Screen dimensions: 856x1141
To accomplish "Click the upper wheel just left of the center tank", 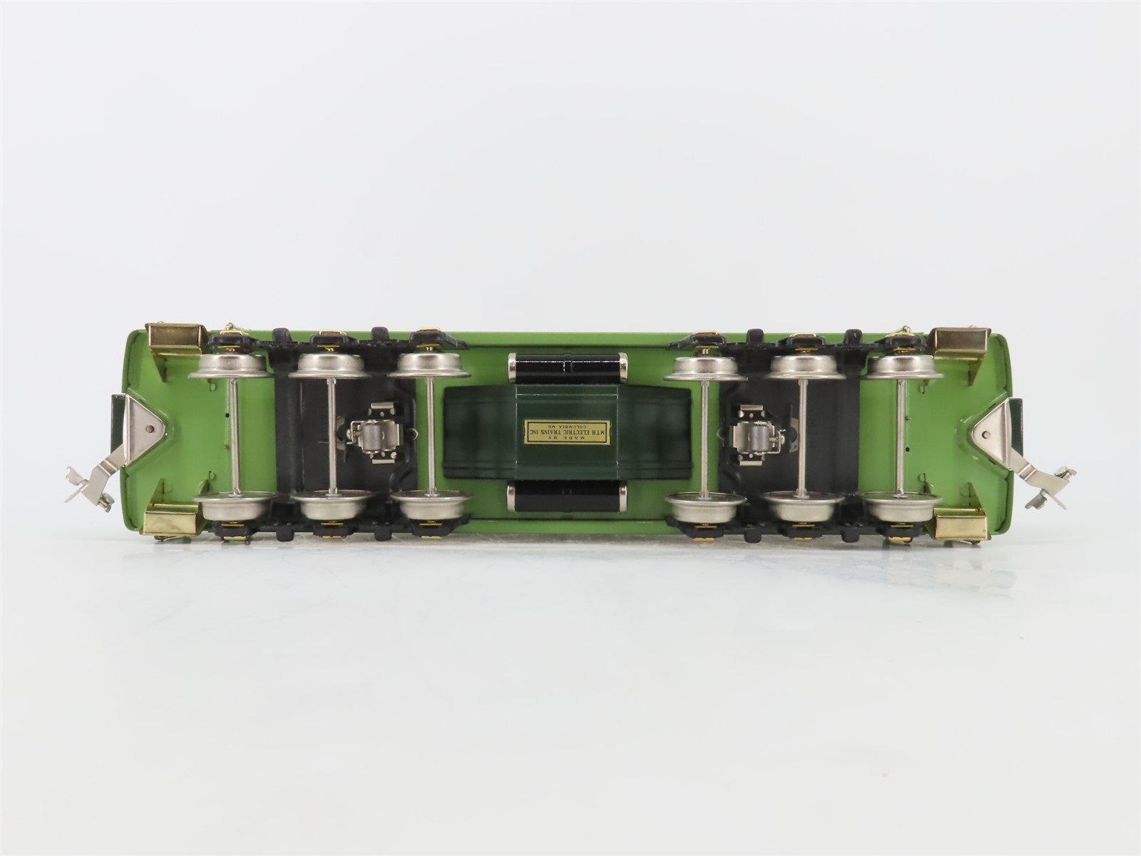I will pyautogui.click(x=432, y=366).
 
